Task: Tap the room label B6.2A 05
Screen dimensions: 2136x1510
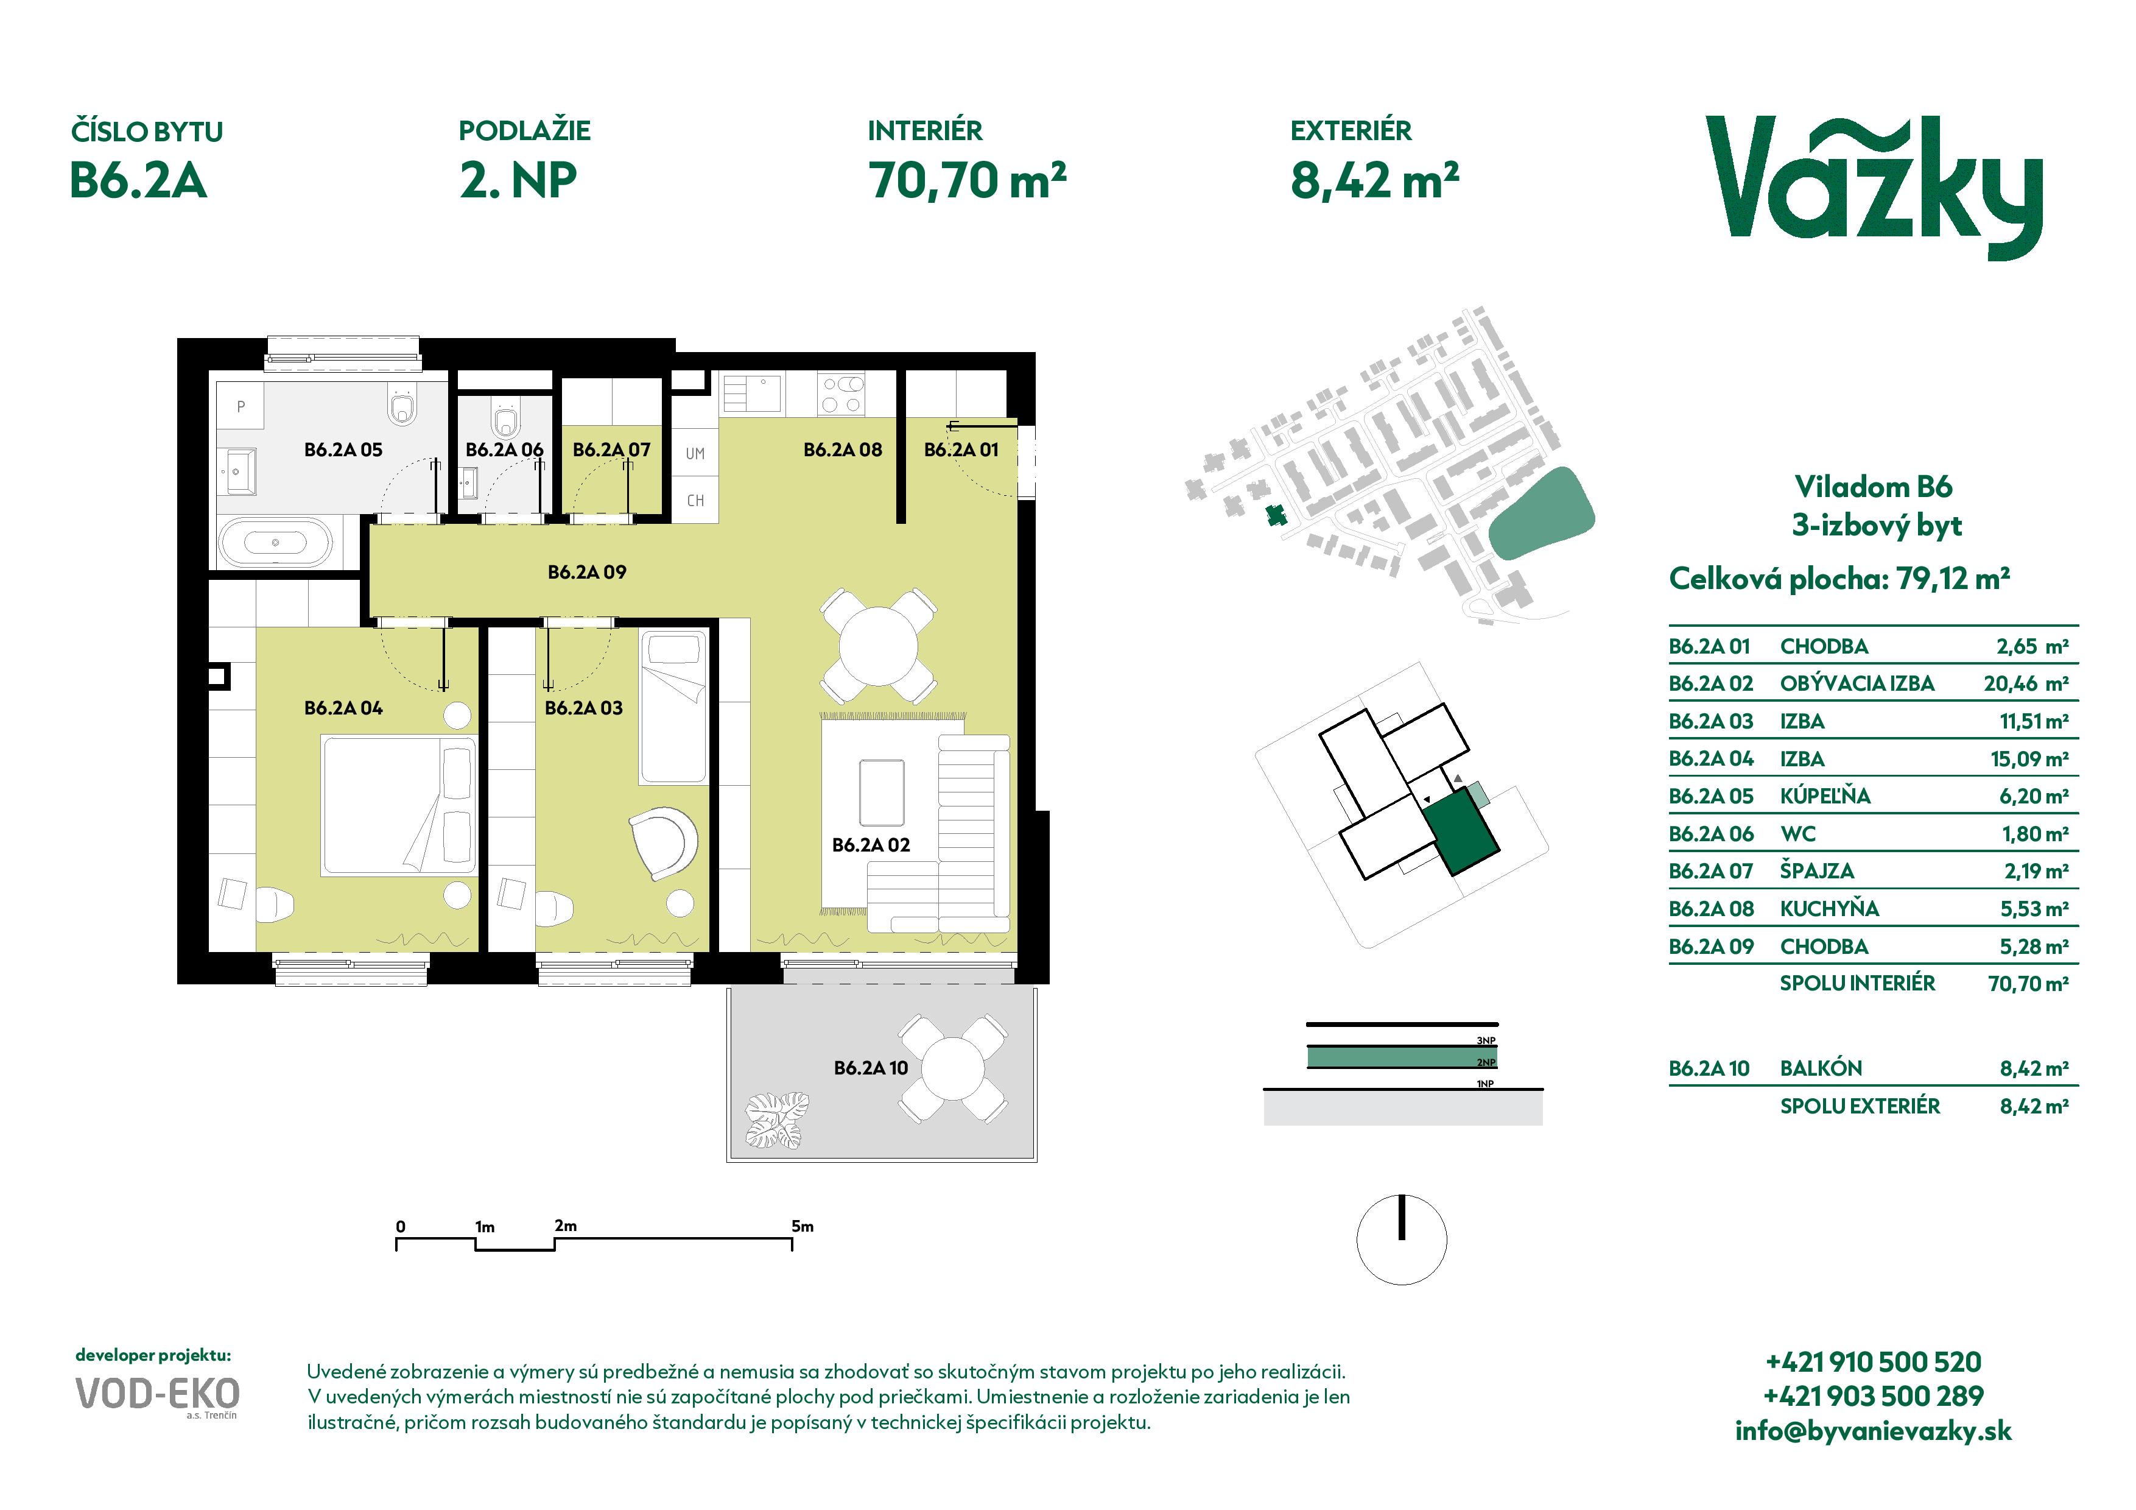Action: [343, 450]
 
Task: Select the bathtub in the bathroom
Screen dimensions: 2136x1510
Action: [275, 542]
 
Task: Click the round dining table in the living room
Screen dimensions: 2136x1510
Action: [878, 646]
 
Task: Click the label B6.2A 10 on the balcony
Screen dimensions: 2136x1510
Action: [871, 1068]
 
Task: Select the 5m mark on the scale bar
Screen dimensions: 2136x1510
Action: [802, 1226]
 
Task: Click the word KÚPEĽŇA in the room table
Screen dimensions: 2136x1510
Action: [1825, 796]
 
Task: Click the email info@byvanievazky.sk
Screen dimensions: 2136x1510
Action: [1874, 1430]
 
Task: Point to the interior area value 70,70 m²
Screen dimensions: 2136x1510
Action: [968, 180]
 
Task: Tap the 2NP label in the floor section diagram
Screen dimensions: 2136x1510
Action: [1486, 1062]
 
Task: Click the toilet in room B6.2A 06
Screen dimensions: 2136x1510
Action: [505, 420]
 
